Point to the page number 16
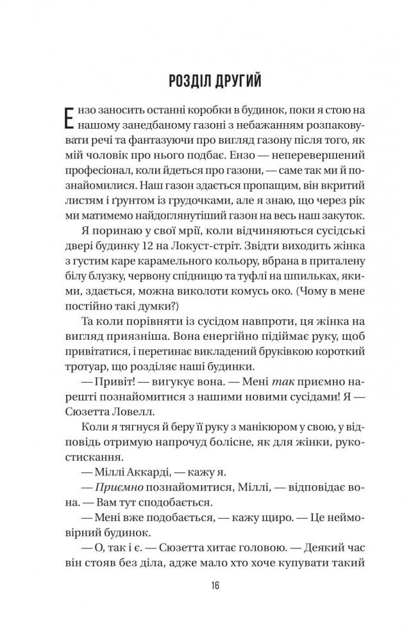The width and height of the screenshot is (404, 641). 202,585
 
